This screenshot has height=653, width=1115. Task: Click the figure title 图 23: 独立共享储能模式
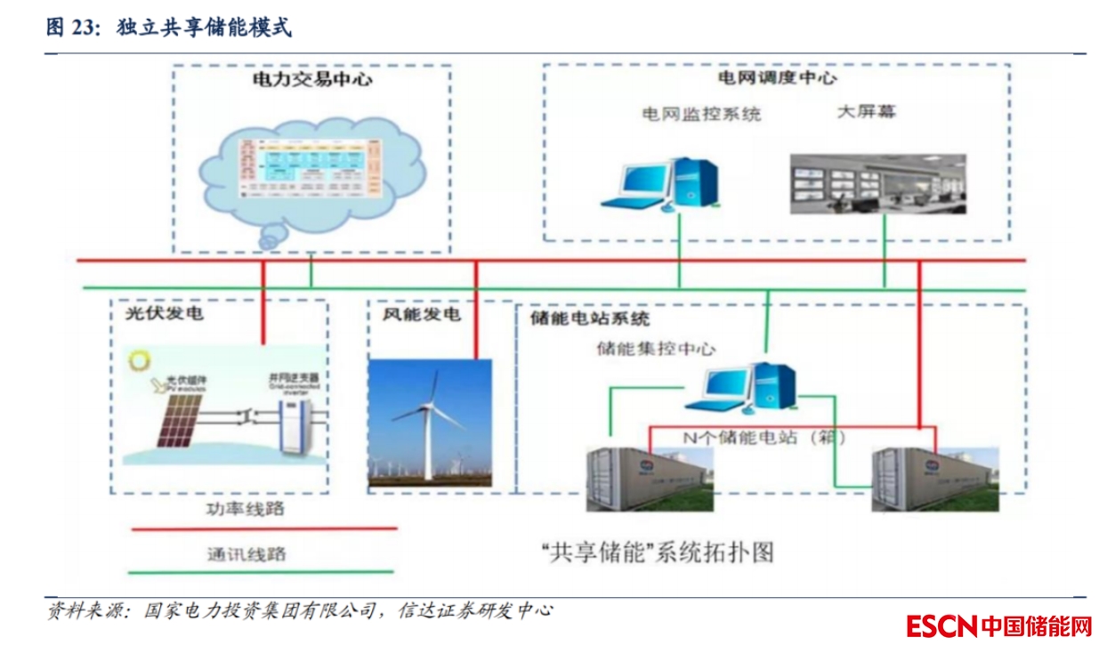(169, 28)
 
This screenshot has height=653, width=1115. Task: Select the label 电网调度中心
(777, 78)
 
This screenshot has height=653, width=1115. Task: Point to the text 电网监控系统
(702, 115)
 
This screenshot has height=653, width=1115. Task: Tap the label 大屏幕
(867, 112)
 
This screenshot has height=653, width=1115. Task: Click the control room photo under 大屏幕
(877, 183)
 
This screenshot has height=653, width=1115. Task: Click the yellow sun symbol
(139, 361)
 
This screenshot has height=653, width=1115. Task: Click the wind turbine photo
(430, 423)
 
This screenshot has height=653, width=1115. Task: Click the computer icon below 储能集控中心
(748, 388)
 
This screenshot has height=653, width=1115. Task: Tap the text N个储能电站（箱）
(763, 438)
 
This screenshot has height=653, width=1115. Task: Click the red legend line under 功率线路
(263, 529)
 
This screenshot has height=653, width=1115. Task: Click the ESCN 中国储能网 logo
(998, 626)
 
